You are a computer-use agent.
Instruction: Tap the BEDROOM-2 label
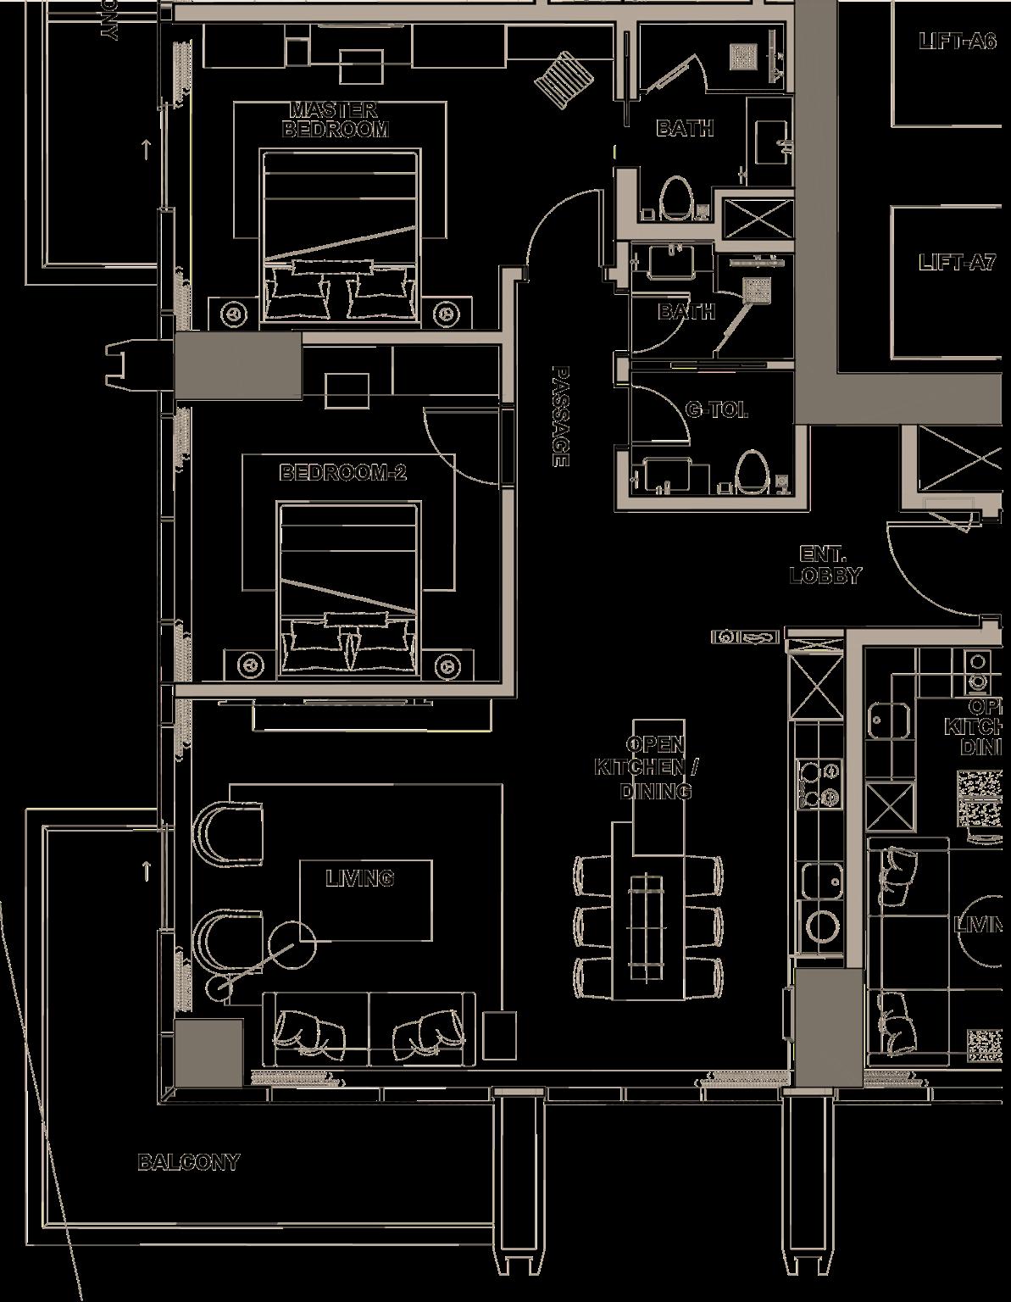(342, 472)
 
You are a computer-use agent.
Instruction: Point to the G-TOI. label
(717, 411)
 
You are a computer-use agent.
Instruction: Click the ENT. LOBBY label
(825, 565)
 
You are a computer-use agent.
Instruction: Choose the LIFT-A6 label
(957, 41)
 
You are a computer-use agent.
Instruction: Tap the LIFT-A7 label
(957, 262)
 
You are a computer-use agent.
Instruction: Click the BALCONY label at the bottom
(188, 1162)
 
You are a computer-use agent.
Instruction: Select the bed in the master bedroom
(341, 237)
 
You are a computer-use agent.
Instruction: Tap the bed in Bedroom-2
(348, 590)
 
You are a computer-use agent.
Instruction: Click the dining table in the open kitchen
(647, 927)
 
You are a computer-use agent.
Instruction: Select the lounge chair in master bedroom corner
(560, 76)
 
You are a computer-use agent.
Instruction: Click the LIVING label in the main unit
(359, 878)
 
